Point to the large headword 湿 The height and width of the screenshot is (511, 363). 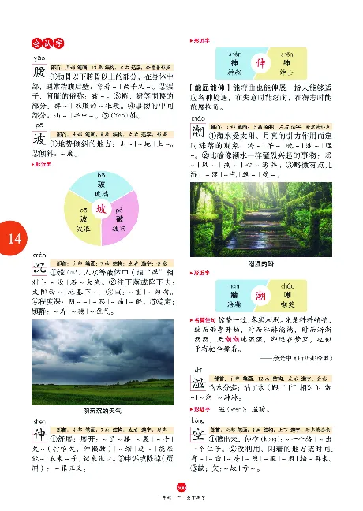coord(200,386)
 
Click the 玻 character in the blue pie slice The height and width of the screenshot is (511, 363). coord(99,183)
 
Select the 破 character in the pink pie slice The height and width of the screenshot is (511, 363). coord(120,222)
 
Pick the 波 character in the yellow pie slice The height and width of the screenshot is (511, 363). coord(80,222)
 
